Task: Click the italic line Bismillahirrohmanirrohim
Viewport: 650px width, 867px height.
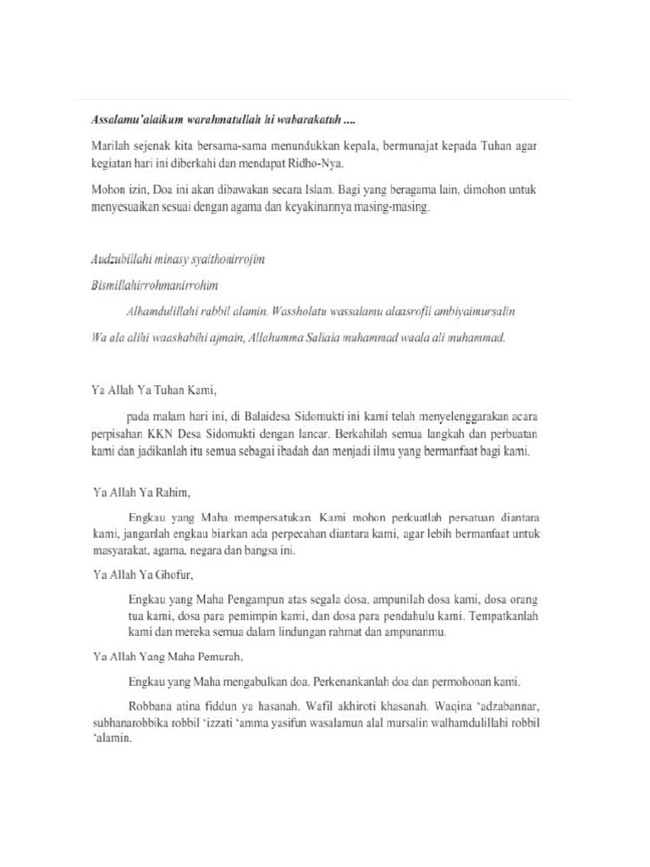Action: click(159, 285)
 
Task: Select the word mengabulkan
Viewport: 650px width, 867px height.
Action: click(264, 681)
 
